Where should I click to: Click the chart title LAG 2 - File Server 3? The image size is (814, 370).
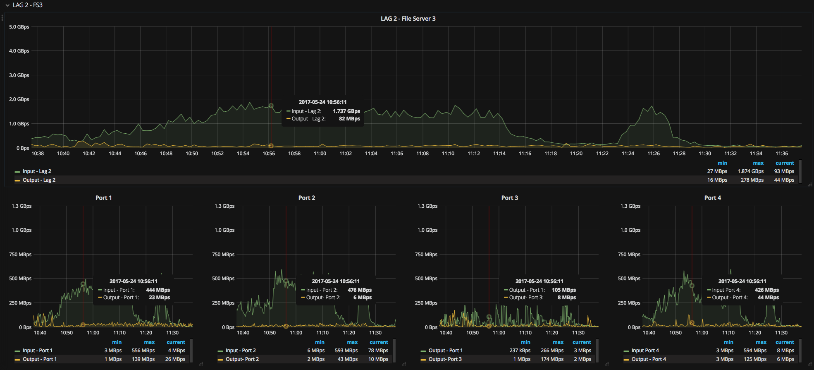[x=408, y=19]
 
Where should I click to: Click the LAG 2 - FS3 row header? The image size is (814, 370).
[x=27, y=5]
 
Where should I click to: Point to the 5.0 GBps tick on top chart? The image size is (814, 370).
[x=19, y=27]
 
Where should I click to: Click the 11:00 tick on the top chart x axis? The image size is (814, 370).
[x=320, y=154]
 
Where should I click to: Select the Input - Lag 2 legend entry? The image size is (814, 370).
[x=37, y=171]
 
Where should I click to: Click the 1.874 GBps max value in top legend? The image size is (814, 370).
[x=750, y=171]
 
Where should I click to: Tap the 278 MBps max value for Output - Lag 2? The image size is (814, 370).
[x=752, y=180]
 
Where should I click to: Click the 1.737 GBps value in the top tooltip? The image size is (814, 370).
[x=346, y=111]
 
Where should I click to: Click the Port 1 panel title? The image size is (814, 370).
[x=103, y=198]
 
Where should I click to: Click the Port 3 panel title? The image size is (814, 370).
[x=509, y=198]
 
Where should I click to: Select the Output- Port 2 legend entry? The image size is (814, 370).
[x=242, y=359]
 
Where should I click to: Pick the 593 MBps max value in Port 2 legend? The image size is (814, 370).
[x=346, y=351]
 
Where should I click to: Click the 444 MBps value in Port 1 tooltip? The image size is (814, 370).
[x=158, y=290]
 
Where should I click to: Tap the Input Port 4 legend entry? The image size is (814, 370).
[x=645, y=351]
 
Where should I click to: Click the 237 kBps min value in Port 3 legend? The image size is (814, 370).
[x=520, y=351]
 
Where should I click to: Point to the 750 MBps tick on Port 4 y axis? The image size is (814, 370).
[x=629, y=255]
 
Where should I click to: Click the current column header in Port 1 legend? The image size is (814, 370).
[x=176, y=342]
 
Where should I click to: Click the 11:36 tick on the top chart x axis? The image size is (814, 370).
[x=781, y=154]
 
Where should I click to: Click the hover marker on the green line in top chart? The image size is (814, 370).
[x=271, y=106]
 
